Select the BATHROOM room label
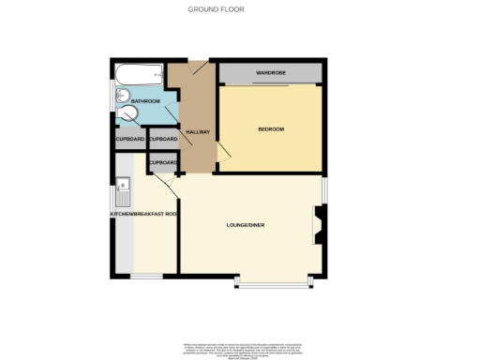click(145, 100)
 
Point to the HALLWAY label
click(196, 133)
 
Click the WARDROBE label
click(270, 73)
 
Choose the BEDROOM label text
click(270, 128)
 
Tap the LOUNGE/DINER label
click(246, 226)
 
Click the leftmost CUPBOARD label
click(129, 140)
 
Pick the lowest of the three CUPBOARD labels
click(163, 163)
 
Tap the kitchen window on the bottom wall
click(144, 276)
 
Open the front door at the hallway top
click(199, 65)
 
